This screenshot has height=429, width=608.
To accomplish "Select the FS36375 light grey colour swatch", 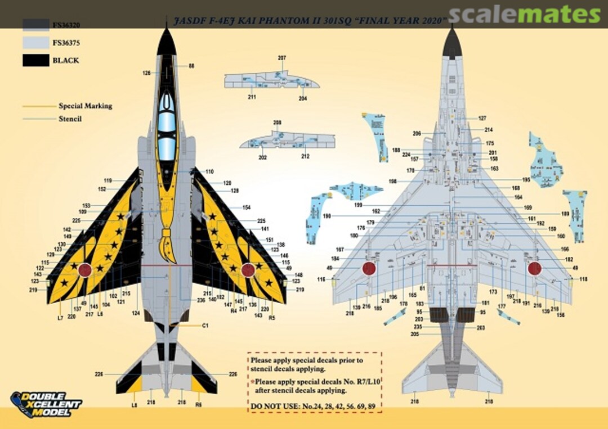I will click(36, 42).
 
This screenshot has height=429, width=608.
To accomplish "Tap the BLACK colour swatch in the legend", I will click(36, 60).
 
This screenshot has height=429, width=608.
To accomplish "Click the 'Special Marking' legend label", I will click(85, 106).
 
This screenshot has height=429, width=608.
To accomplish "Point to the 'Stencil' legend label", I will click(70, 119).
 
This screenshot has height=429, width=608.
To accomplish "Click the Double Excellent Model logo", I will click(46, 404).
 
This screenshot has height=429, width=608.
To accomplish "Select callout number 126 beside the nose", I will click(146, 73).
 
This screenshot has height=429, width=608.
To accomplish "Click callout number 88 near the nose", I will click(191, 66).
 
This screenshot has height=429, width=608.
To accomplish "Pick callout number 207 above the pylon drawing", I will click(282, 58).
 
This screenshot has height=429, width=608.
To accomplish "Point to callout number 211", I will click(252, 97).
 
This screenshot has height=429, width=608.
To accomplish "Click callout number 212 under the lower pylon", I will click(305, 156).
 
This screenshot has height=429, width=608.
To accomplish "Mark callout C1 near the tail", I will click(205, 326).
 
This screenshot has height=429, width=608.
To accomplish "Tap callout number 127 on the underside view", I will click(482, 118).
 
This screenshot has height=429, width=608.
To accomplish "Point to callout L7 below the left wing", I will click(60, 318).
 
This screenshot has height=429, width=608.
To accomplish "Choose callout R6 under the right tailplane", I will click(199, 404).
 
